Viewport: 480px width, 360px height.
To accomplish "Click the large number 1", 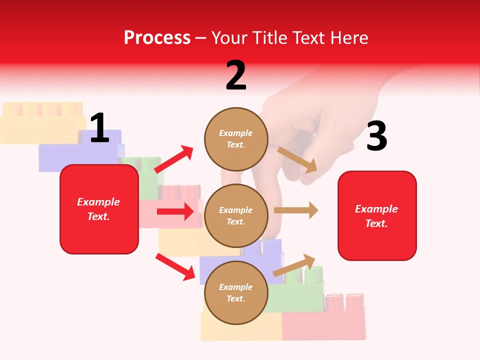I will [99, 128].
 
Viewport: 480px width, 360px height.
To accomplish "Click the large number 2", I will [236, 75].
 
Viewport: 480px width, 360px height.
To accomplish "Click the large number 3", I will [376, 136].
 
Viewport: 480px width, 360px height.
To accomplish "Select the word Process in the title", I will [157, 37].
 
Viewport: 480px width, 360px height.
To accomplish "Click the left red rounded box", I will [99, 209].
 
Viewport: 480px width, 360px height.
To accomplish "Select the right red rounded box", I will [377, 215].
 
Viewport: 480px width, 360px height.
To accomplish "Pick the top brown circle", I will [236, 138].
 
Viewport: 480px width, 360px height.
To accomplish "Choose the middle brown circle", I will [236, 215].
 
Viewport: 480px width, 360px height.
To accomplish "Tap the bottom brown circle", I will [236, 292].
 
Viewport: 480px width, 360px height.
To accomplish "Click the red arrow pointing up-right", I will [174, 159].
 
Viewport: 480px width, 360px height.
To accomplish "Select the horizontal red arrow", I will [175, 211].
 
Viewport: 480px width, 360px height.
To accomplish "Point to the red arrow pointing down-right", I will [175, 266].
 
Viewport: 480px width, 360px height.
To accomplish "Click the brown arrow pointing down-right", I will [297, 159].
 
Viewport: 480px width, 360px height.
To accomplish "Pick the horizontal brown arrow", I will [296, 210].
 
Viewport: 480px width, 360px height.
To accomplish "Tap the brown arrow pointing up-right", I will [294, 265].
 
